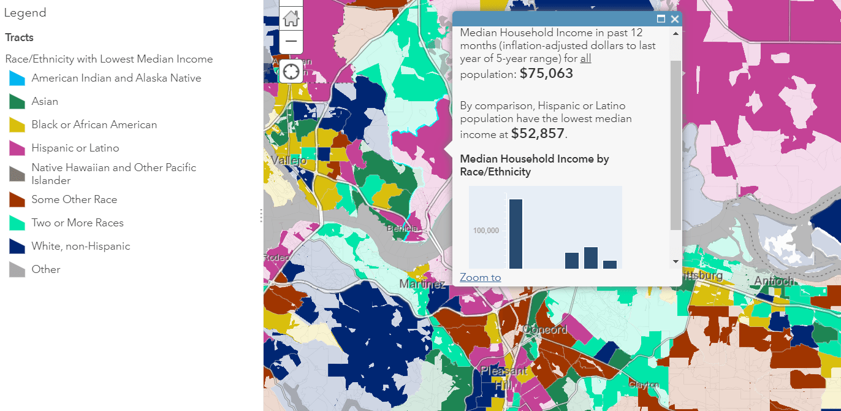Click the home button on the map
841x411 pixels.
pos(291,18)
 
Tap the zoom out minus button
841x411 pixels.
pos(291,42)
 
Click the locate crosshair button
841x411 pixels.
pos(291,71)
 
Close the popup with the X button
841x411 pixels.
pos(675,19)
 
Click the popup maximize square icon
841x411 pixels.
pos(661,19)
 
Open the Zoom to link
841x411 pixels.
pos(480,277)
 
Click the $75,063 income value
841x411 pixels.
pos(546,74)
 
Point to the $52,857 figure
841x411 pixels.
pos(538,134)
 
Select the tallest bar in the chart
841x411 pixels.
pos(516,234)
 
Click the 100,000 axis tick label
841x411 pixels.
pos(485,230)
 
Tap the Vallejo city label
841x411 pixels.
pos(287,160)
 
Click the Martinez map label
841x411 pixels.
pos(422,284)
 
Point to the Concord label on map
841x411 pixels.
pos(544,329)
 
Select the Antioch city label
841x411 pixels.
pos(774,281)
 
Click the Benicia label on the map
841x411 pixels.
pos(401,228)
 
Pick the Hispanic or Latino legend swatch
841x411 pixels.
pos(17,148)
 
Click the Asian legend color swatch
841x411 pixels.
pos(17,101)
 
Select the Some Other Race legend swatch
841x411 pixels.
pos(17,199)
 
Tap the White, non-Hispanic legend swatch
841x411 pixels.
pos(17,246)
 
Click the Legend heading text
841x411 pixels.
pos(25,13)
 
